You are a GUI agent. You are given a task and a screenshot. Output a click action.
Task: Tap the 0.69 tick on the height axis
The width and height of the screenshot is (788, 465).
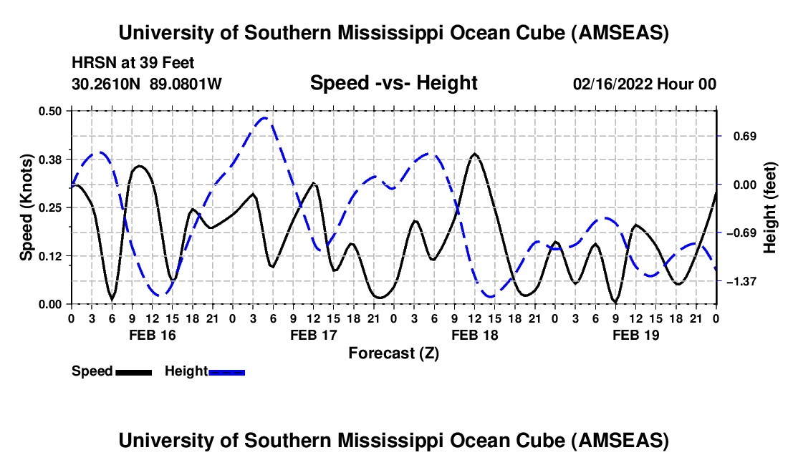point(738,136)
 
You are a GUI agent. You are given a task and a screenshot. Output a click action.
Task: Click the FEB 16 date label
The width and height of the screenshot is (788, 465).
point(152,335)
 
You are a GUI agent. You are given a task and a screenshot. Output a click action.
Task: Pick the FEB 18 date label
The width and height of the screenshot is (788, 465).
point(474,335)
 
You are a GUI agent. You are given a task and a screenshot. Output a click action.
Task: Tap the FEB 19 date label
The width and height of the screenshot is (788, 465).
point(635,335)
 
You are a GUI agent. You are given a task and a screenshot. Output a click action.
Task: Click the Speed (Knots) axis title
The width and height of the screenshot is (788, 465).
point(26,207)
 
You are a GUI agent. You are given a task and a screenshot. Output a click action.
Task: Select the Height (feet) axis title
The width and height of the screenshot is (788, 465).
point(770,207)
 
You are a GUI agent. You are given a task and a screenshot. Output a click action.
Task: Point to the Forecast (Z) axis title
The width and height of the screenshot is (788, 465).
point(393,353)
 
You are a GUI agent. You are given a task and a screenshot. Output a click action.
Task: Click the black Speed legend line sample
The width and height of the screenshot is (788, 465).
point(133,371)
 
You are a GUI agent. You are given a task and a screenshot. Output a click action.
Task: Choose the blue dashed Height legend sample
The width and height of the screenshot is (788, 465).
point(226,371)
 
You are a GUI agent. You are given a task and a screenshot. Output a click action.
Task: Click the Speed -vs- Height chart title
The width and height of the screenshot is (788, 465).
point(393,83)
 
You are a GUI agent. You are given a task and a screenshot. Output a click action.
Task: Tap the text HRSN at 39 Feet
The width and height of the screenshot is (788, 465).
point(133,63)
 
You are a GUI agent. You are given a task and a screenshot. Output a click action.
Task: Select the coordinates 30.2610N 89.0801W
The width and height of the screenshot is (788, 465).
point(147,84)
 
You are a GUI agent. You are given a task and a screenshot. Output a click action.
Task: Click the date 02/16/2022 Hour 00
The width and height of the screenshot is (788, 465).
point(645,84)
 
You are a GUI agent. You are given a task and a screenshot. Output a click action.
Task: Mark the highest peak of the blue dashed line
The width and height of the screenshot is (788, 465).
point(265,118)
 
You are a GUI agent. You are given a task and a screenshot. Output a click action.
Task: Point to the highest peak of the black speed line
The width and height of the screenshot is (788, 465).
point(474,154)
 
